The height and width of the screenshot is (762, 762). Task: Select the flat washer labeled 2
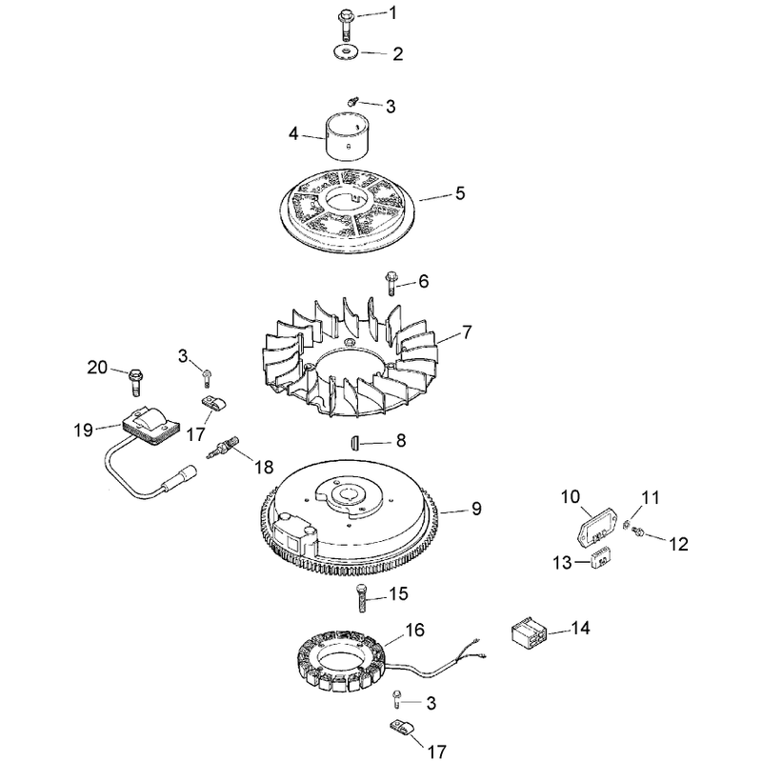[346, 51]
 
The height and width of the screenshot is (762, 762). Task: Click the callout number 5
[460, 193]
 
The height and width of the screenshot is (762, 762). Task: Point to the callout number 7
[467, 332]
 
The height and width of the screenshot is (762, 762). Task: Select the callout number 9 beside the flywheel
[476, 509]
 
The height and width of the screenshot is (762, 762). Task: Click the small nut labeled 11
[627, 525]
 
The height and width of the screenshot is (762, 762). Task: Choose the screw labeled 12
[637, 532]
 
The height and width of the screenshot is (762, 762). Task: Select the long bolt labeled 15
[362, 599]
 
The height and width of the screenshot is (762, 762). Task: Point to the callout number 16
[415, 630]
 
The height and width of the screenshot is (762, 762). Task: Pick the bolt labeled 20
[135, 382]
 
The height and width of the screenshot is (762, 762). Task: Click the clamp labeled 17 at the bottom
[403, 728]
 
